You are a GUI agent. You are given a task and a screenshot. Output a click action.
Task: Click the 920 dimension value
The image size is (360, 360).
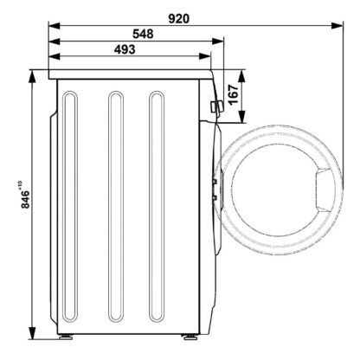click(179, 19)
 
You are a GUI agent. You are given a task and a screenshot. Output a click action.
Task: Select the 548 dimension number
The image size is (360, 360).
click(143, 34)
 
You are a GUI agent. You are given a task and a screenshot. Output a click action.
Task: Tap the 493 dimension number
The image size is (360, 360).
click(125, 49)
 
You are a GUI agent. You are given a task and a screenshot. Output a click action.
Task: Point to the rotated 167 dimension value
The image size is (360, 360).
click(233, 94)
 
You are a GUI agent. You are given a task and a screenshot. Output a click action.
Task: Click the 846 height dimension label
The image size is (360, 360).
click(25, 199)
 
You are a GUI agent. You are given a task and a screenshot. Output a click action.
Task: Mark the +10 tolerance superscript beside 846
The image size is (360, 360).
click(20, 184)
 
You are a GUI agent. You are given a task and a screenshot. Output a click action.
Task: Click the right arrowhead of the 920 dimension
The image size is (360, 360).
click(337, 25)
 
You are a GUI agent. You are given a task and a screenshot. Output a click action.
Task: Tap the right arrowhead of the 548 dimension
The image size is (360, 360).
click(217, 42)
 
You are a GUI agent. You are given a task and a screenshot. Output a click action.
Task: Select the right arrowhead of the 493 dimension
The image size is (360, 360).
click(205, 56)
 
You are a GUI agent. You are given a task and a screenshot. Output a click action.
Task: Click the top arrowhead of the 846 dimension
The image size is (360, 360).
click(33, 76)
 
